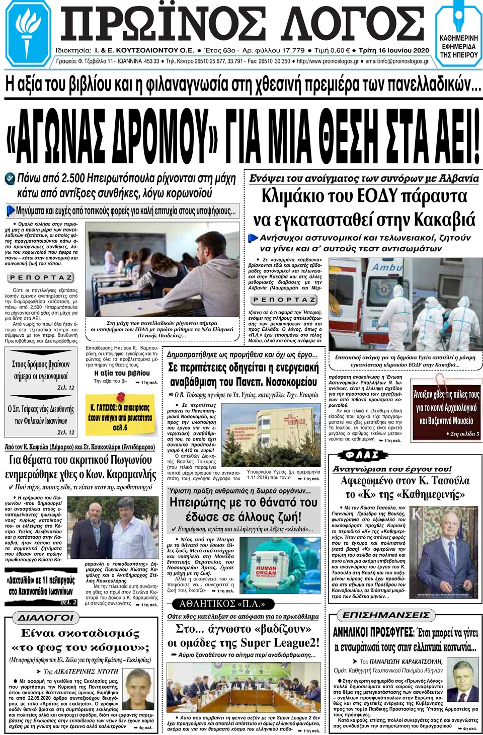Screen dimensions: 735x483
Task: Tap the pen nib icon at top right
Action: click(458, 18)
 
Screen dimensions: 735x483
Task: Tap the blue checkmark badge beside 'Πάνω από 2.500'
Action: click(10, 179)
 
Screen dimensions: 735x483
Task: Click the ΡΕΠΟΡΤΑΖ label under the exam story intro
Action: click(41, 277)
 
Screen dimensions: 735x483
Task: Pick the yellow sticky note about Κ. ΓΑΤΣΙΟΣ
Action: click(119, 417)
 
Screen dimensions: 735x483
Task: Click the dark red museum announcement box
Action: click(446, 407)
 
